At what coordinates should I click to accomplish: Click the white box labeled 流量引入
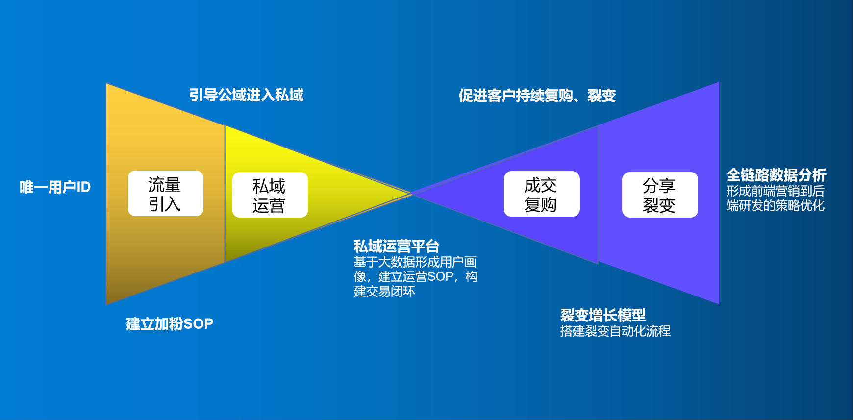coord(165,194)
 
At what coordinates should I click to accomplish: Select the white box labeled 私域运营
coord(270,195)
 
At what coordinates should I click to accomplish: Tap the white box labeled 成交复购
coord(542,194)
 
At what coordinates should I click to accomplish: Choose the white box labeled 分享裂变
coord(660,195)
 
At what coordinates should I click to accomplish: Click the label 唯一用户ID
coord(55,187)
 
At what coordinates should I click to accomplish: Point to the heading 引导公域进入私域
coord(247,95)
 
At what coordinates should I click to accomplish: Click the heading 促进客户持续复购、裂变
coord(537,96)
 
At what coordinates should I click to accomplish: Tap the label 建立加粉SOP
coord(170,324)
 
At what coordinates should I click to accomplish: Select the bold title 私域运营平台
coord(397,246)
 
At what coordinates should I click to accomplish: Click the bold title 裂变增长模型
coord(603,315)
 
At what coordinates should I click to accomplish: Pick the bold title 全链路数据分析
coord(776,175)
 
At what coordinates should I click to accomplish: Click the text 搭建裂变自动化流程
coord(615,331)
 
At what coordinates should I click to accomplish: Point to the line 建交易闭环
coord(384,292)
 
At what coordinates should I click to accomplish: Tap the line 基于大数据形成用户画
coord(415,262)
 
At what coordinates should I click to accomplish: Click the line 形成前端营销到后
coord(775,191)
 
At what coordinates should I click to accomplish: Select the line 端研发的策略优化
coord(775,206)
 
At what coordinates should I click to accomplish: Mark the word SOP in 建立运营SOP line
coord(440,277)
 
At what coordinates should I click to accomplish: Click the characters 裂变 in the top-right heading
coord(602,96)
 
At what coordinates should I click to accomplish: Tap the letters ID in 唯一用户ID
coord(83,187)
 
